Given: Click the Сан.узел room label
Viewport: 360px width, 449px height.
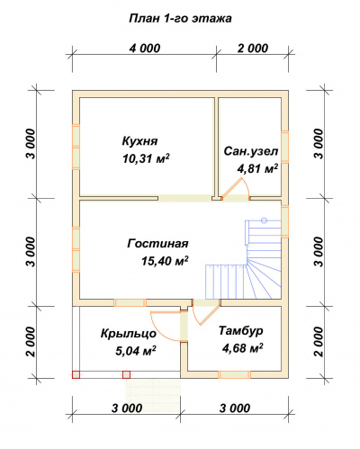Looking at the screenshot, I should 251,151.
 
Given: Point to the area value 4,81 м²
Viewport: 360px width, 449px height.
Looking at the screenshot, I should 256,167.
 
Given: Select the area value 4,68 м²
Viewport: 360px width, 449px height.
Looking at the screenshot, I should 240,347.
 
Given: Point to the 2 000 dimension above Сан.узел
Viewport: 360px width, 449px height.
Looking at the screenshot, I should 251,48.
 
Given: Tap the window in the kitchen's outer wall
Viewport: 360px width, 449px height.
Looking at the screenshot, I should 74,136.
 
